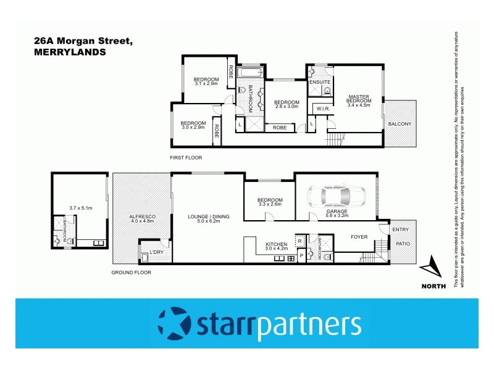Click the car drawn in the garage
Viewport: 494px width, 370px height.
coord(337,196)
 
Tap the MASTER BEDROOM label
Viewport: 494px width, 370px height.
coord(358,99)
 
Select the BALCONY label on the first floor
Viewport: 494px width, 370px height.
coord(400,124)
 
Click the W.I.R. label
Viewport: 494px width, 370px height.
coord(322,109)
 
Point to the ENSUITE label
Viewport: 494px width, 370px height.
coord(320,82)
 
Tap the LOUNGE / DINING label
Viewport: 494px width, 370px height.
coord(208,216)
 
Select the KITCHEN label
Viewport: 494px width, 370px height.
coord(277,245)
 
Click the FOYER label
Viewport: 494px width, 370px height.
coord(359,236)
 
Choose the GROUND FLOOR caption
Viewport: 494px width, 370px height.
coord(131,272)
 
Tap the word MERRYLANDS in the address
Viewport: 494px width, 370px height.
coord(70,52)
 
